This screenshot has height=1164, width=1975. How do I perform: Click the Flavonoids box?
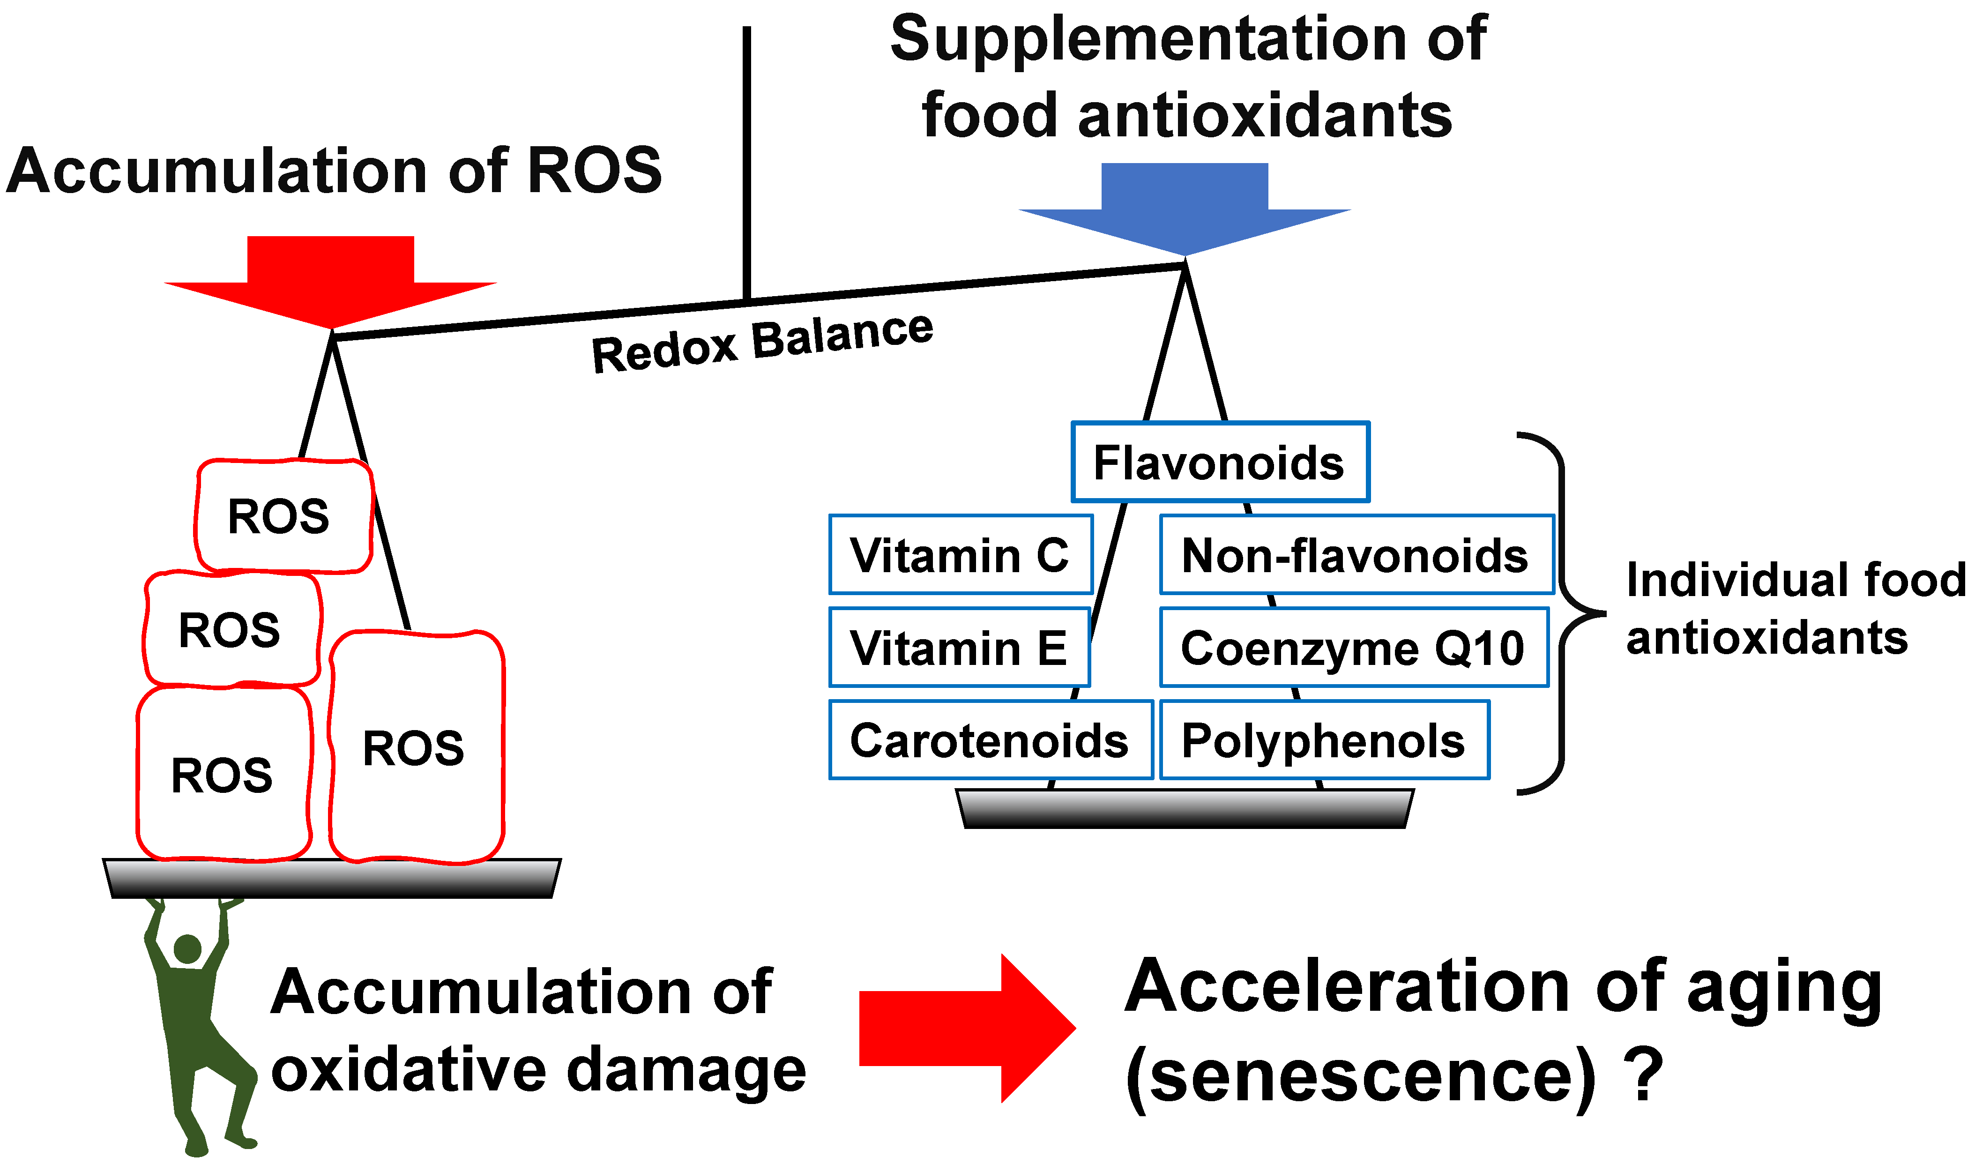click(1220, 462)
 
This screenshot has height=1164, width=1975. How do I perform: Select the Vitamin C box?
click(960, 554)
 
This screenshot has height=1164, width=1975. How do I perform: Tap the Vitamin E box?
click(959, 647)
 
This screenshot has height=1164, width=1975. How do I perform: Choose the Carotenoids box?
click(990, 739)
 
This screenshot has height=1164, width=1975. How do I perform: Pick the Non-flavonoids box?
click(1356, 554)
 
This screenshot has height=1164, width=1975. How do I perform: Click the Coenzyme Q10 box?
click(1354, 647)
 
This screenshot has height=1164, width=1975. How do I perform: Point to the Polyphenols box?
click(1324, 739)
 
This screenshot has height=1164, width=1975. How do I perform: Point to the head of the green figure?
click(187, 949)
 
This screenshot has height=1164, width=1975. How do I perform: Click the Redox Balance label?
click(762, 342)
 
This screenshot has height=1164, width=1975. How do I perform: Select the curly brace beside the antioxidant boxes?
click(1561, 612)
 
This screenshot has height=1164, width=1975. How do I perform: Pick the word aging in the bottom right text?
click(1784, 988)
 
